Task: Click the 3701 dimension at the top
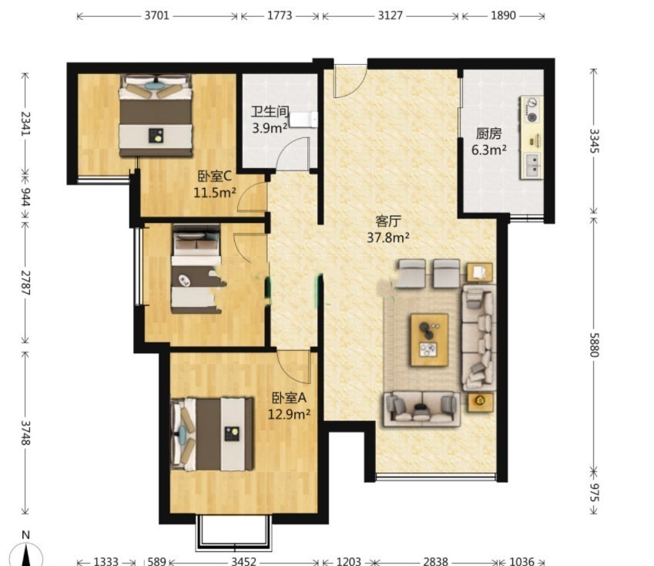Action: tap(157, 15)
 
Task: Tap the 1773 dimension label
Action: tap(280, 15)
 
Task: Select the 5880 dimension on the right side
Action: tap(594, 345)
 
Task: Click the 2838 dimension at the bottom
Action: tap(435, 561)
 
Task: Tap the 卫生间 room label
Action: tap(270, 112)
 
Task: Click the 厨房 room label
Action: tap(489, 133)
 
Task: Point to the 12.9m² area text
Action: tap(289, 415)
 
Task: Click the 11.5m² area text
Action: tap(215, 193)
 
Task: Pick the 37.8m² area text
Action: tap(388, 238)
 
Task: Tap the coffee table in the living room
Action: tap(429, 340)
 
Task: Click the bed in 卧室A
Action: tap(213, 434)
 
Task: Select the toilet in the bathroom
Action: tap(304, 120)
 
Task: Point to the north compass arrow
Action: tap(26, 555)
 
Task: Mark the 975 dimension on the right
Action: tap(594, 493)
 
